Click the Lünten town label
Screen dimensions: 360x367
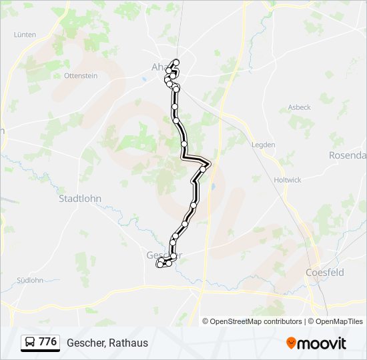point(25,34)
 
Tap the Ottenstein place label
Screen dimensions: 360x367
point(81,75)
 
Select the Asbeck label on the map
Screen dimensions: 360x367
point(299,107)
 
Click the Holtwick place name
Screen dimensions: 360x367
point(288,180)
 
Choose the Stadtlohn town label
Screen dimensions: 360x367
point(80,198)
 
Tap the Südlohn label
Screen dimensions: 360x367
point(29,280)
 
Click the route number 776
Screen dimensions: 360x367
point(48,342)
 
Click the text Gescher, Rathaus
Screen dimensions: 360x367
point(107,343)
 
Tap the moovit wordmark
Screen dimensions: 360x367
point(322,343)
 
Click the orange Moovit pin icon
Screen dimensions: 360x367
point(291,343)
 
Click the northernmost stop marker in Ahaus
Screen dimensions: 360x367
point(176,63)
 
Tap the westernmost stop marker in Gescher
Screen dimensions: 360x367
point(159,265)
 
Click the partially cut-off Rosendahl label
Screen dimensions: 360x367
point(348,155)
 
